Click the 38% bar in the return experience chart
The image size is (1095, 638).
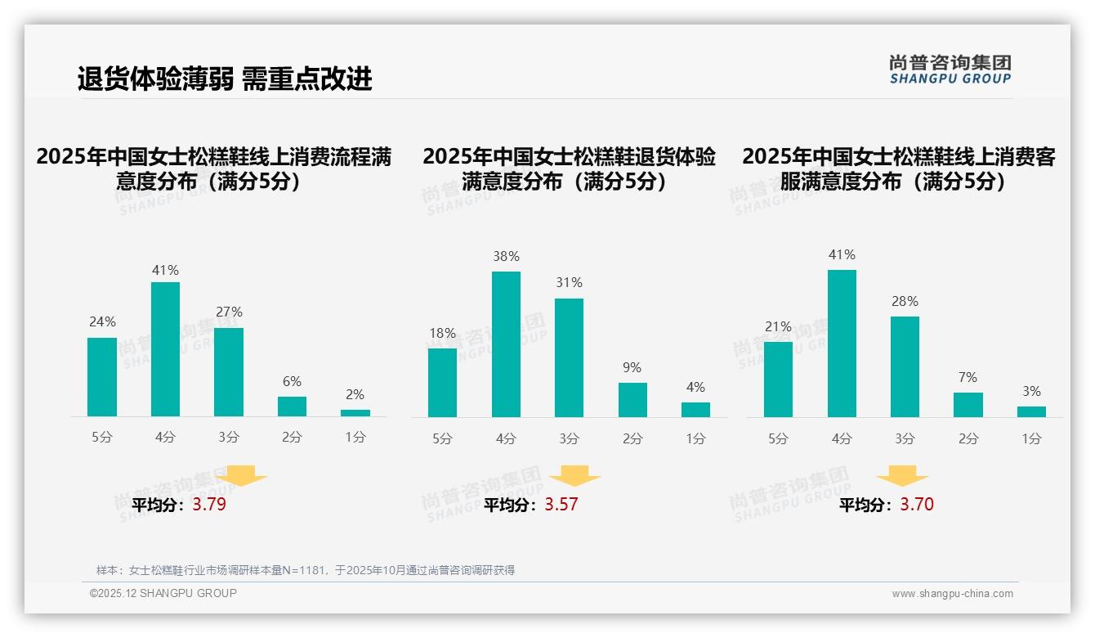[x=506, y=344]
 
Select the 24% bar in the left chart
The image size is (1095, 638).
[x=102, y=377]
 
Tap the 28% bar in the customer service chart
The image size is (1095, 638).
[x=905, y=366]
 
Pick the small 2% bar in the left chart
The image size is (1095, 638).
[x=355, y=413]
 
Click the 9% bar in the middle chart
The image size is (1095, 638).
[x=632, y=400]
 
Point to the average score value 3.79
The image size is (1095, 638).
[x=209, y=505]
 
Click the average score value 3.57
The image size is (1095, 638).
[x=561, y=505]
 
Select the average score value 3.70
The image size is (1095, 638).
[x=917, y=505]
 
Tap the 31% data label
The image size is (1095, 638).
[x=569, y=283]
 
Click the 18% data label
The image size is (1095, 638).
[x=442, y=333]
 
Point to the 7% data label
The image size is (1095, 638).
[x=968, y=377]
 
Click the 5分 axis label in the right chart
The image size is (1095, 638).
[x=778, y=439]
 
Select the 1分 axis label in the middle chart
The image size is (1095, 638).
[x=695, y=439]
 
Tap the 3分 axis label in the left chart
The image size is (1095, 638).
[x=229, y=438]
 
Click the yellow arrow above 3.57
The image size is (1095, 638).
[x=574, y=476]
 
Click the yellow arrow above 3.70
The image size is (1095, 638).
[x=902, y=476]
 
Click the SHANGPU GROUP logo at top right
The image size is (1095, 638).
[x=950, y=70]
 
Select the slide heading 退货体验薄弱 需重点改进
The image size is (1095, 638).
[x=225, y=79]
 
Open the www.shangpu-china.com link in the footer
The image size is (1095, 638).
[x=952, y=594]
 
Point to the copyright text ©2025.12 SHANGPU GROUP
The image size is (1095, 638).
[x=163, y=593]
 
